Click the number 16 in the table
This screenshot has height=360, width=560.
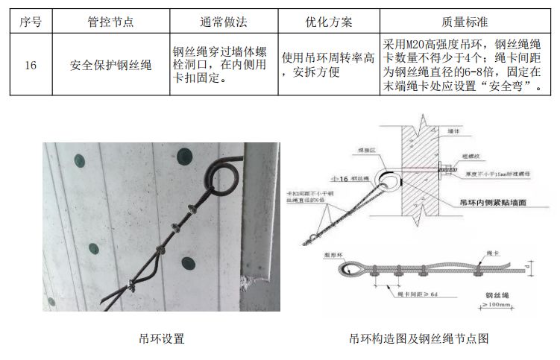point(30,65)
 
